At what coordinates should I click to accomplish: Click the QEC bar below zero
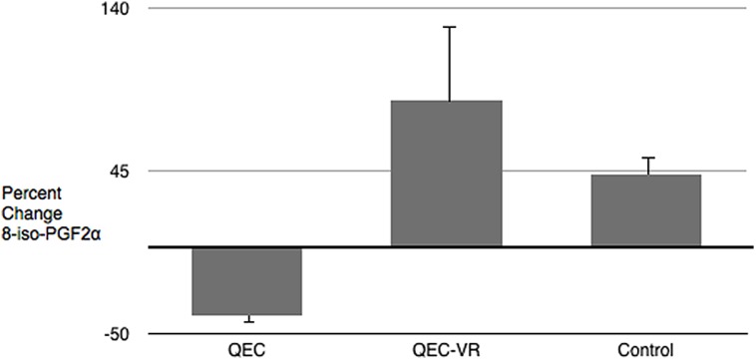[246, 281]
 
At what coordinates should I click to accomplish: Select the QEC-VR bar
[446, 174]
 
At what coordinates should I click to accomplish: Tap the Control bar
[645, 210]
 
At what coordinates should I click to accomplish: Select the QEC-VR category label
[446, 349]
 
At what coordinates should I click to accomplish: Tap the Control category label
[645, 349]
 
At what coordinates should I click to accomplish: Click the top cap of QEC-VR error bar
[450, 27]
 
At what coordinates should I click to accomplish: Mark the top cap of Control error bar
[648, 158]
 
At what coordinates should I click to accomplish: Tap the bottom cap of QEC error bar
[247, 322]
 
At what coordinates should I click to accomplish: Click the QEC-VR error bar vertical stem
[450, 64]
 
